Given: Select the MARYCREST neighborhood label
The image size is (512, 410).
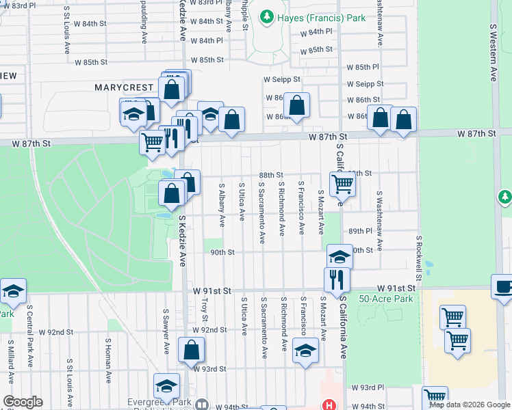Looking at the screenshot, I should point(124,87).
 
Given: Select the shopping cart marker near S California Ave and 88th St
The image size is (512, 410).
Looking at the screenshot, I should point(342,182).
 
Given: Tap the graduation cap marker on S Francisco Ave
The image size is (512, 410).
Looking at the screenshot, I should point(305,351).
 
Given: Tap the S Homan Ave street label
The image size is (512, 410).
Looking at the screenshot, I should point(108,360).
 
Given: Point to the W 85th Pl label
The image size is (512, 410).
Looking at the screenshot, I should point(362,68).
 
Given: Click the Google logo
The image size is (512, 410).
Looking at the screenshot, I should point(22,402).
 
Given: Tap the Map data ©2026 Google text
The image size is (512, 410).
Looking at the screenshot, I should point(469,405).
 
